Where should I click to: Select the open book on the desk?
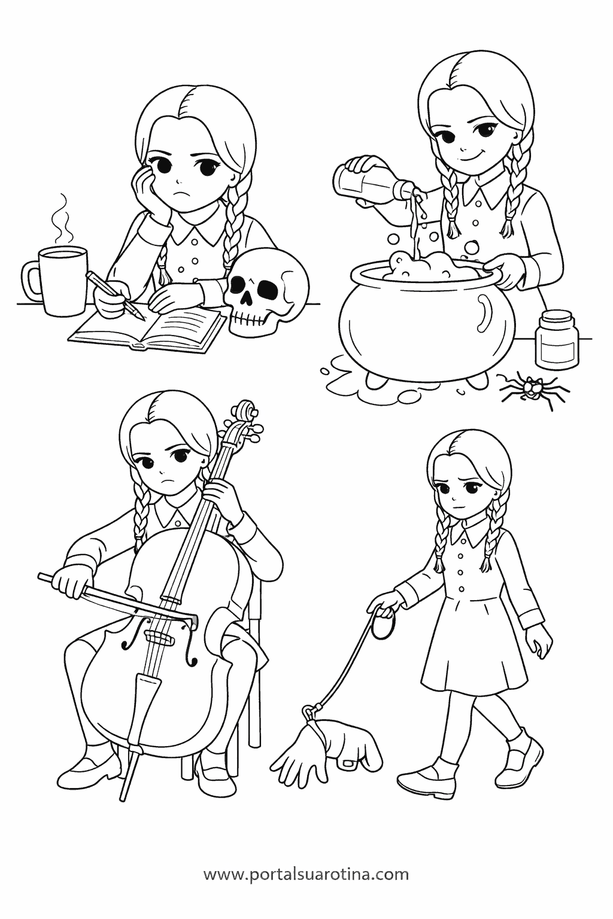148,328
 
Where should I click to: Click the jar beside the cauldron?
557,339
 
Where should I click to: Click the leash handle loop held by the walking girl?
383,627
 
